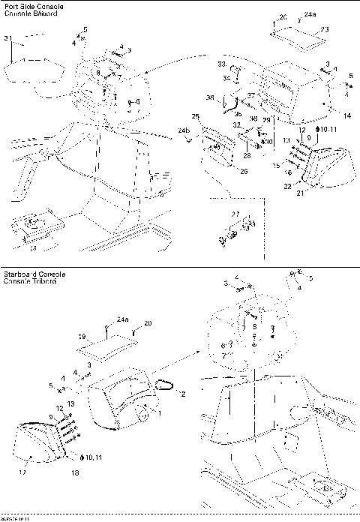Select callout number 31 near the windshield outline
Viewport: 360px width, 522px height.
coord(8,38)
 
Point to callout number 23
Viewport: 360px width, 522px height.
coord(325,29)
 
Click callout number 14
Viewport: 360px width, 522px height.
coord(346,115)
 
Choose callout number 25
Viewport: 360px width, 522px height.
coord(195,116)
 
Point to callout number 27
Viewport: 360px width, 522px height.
coord(235,214)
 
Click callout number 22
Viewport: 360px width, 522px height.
coord(288,186)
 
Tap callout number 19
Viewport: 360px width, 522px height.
coord(82,337)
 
